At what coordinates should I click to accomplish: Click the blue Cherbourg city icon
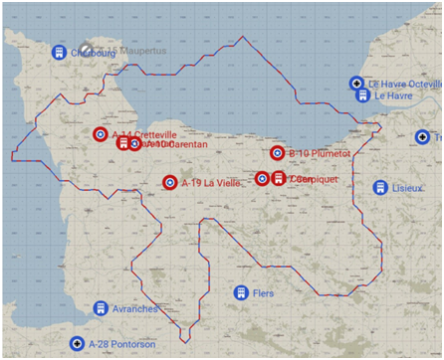59,51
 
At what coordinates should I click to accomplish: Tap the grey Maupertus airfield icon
88,49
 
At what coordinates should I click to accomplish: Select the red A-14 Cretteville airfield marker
101,134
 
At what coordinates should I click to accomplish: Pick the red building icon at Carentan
123,144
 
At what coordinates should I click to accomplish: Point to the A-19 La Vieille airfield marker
170,182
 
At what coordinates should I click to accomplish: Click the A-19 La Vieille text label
211,182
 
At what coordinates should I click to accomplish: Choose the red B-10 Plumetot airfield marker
277,153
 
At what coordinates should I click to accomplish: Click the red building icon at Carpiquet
278,178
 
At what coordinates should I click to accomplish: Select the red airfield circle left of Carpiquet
262,178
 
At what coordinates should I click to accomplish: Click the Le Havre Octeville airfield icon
356,84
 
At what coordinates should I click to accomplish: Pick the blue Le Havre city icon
363,95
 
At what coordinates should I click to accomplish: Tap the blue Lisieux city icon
379,187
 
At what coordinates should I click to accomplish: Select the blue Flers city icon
240,292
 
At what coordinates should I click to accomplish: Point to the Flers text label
263,293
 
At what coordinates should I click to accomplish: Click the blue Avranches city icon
101,308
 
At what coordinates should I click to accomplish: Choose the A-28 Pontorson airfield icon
78,344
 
